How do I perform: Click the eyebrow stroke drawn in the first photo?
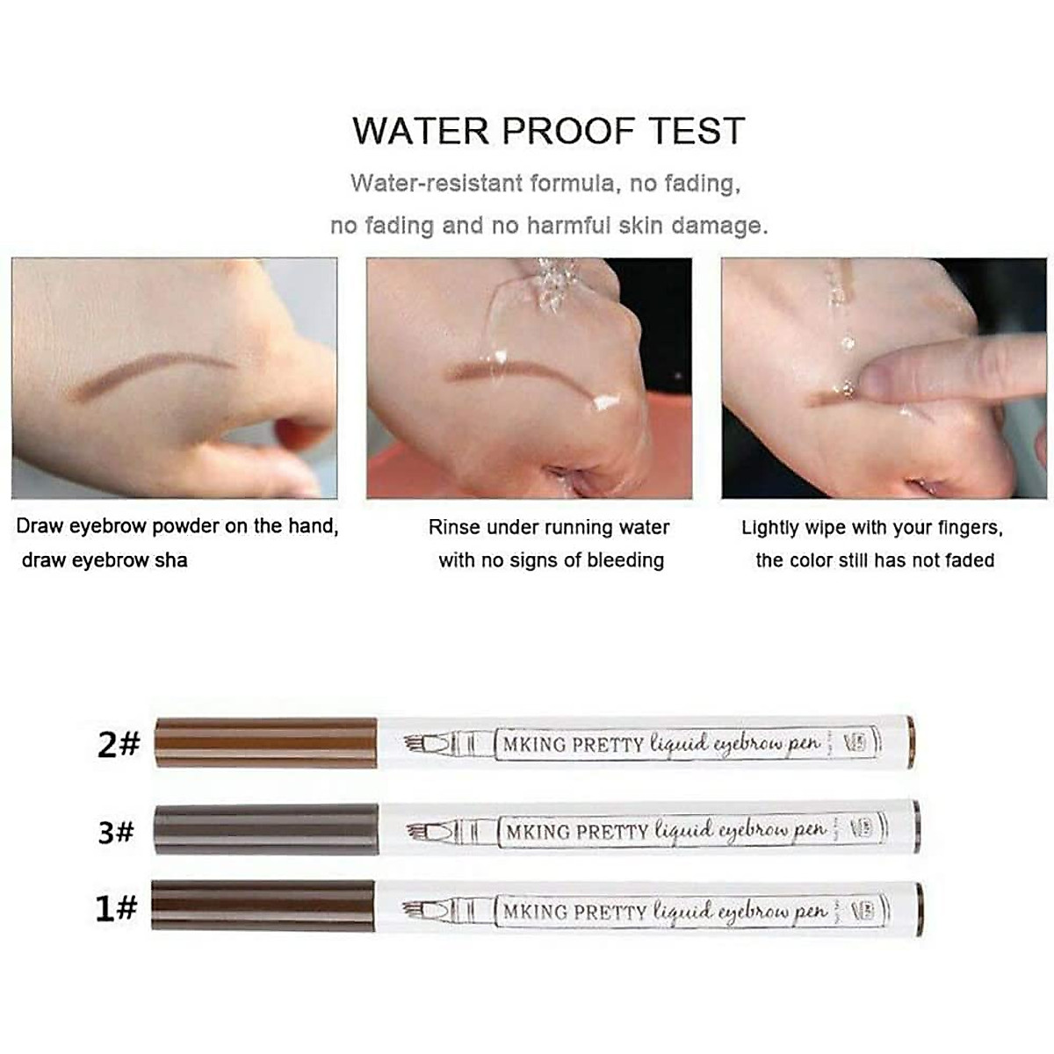pos(149,373)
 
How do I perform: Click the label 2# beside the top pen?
pos(119,745)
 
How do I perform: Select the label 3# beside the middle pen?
pos(116,831)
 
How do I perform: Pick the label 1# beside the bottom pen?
pos(116,907)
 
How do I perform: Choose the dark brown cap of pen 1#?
pos(263,906)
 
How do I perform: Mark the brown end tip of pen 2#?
pos(910,742)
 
